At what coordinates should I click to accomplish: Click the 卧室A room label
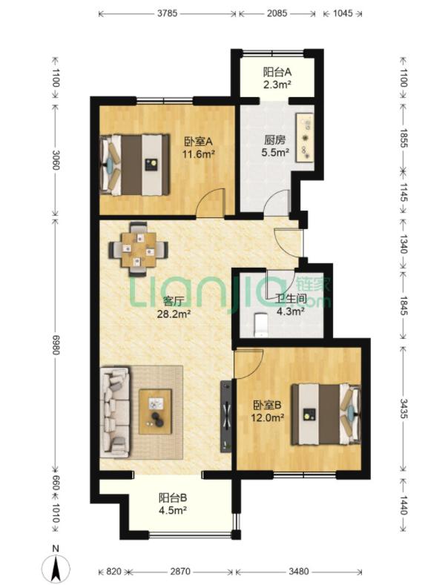[198, 142]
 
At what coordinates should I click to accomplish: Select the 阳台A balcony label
[277, 72]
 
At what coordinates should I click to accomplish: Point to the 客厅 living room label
[174, 301]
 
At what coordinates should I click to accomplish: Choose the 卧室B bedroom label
[267, 405]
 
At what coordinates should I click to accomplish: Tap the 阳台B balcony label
[173, 498]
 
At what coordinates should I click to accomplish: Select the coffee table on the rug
[155, 412]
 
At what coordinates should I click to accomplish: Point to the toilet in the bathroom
[260, 325]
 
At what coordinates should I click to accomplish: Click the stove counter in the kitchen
[306, 137]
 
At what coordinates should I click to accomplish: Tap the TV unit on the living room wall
[226, 417]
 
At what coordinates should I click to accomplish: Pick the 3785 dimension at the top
[167, 13]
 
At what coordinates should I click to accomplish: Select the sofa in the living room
[115, 412]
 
